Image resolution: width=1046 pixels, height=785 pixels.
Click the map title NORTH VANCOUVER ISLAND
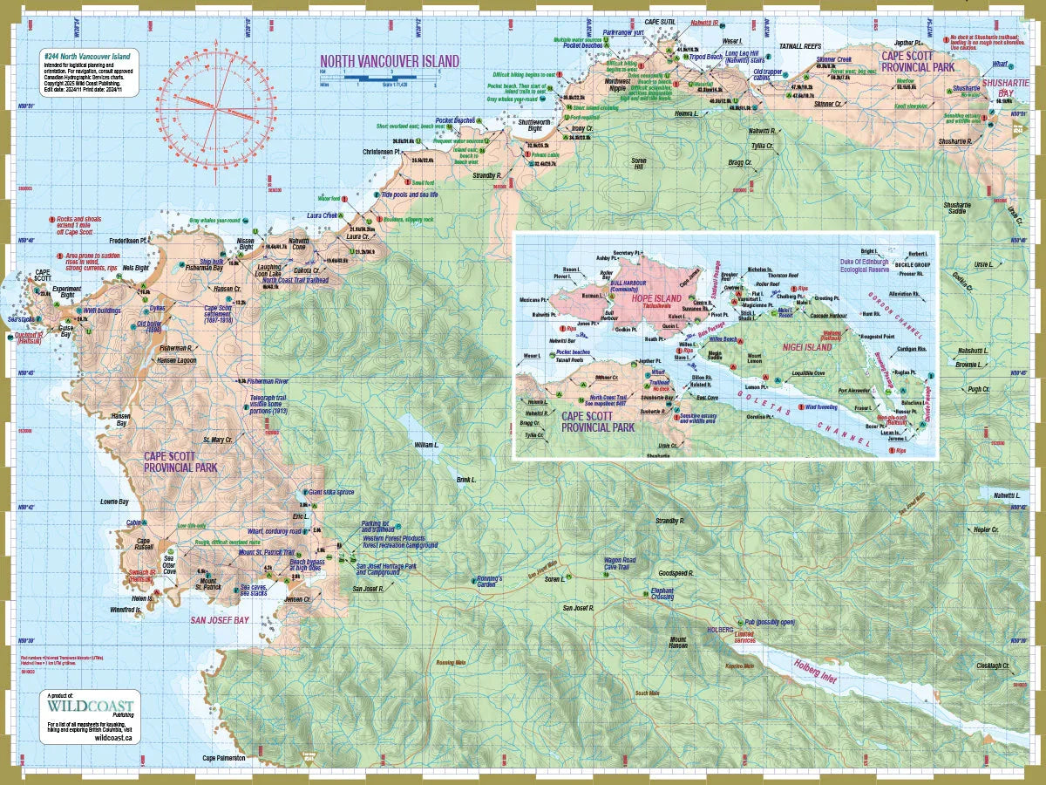[x=390, y=61]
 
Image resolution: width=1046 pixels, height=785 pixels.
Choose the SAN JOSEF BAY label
[x=220, y=620]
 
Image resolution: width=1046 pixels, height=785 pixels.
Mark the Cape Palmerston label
[x=224, y=758]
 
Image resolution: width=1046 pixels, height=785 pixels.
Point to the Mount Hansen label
[x=677, y=643]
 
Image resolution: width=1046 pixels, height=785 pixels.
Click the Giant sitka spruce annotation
[x=331, y=492]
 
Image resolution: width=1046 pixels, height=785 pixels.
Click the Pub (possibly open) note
[x=769, y=622]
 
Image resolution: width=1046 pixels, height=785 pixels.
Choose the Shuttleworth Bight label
[x=535, y=125]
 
